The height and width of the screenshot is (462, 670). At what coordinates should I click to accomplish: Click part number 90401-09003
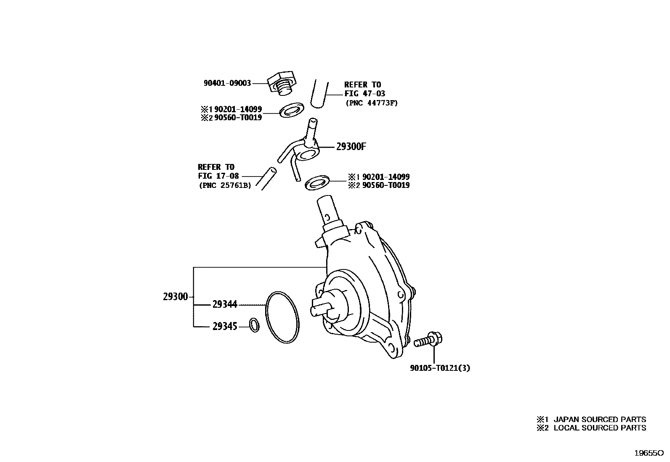227,83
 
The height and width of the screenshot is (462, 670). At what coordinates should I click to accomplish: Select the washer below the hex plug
292,110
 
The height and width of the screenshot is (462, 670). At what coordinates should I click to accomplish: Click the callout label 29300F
351,147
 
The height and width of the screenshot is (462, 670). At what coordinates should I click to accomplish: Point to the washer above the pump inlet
317,183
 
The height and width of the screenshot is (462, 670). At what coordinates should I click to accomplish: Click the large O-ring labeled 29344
282,317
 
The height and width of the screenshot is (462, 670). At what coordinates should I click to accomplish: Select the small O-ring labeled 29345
254,325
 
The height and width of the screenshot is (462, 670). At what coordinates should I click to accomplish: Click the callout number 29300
175,297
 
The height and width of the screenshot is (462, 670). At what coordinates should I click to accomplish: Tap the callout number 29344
225,304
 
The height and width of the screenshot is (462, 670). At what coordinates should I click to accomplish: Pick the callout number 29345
225,326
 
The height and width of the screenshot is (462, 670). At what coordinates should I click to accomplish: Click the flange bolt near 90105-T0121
428,341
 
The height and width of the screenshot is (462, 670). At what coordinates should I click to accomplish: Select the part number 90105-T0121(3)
440,368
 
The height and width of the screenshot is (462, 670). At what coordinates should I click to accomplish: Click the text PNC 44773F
372,103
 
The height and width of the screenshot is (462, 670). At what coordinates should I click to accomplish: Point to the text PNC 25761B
225,185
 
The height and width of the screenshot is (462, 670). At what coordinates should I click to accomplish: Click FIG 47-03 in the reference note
364,94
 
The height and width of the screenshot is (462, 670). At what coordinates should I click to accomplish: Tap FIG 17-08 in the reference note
218,176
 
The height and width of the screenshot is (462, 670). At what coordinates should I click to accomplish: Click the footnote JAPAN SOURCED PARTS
600,419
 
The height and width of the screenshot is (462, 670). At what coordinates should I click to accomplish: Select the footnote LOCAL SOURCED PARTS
600,428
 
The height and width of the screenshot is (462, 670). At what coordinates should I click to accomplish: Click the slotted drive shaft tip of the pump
322,309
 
